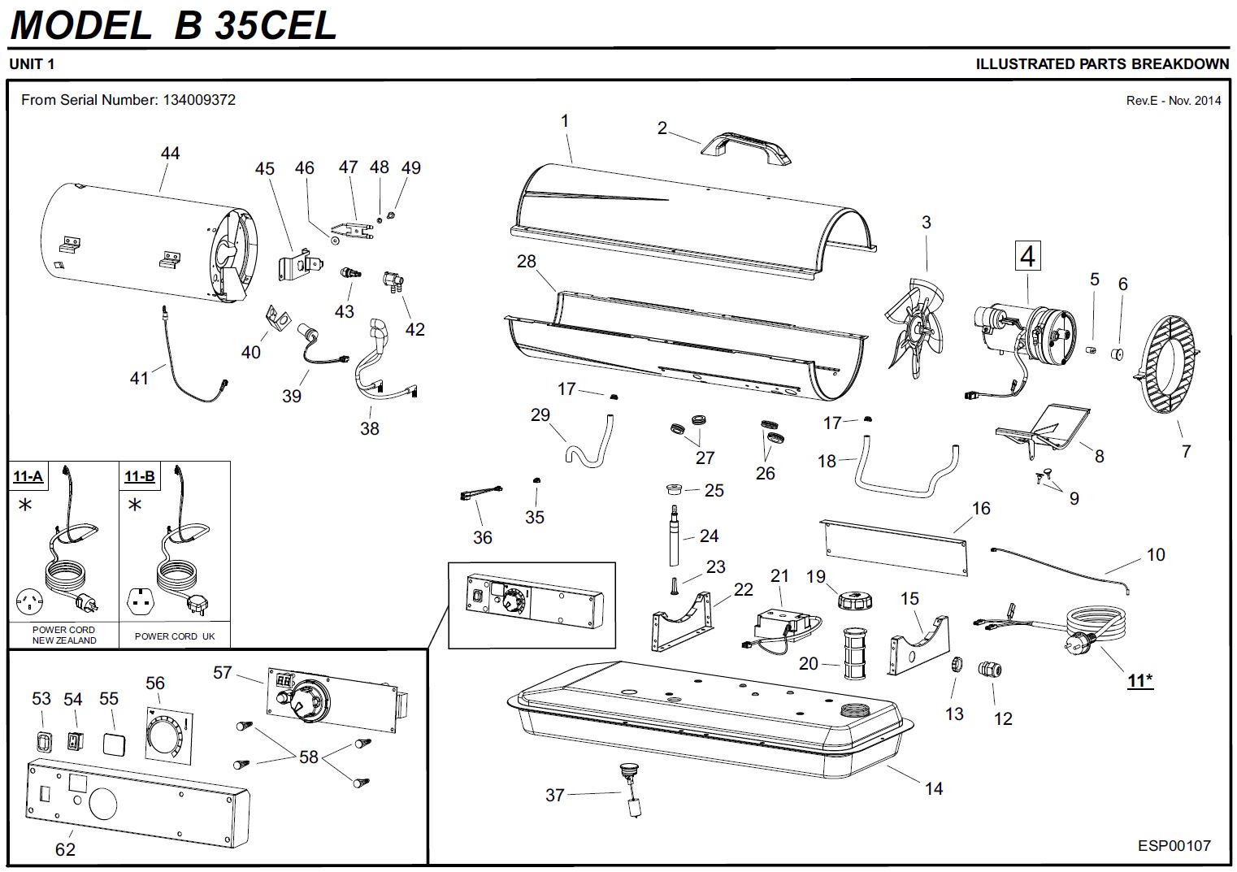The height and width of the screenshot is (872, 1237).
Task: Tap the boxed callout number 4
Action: pos(1027,256)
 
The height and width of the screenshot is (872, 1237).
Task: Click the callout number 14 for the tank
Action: pos(933,788)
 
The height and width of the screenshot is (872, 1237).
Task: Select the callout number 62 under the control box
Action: pos(65,849)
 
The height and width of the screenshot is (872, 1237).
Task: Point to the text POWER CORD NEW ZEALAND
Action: pos(63,635)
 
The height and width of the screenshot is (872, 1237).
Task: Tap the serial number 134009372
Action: pos(199,100)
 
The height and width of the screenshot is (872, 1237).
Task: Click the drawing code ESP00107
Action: pos(1174,845)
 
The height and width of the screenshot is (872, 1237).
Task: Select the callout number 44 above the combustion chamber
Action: pos(170,153)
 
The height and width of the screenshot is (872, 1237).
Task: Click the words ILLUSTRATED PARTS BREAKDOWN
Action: pos(1102,64)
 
